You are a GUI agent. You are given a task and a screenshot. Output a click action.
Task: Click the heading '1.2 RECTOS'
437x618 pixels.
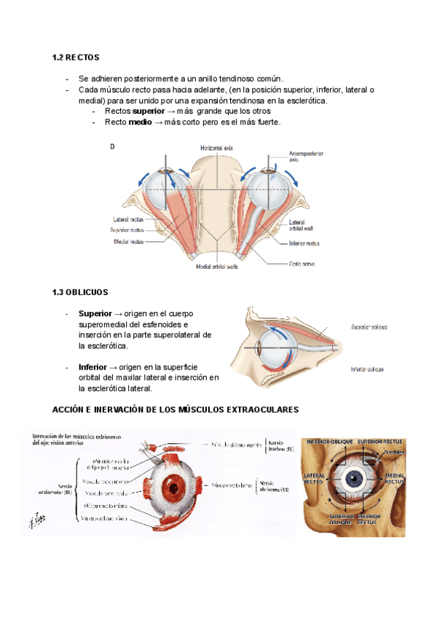tap(76, 57)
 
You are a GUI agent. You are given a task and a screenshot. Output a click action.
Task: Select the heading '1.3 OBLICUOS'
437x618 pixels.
tap(80, 292)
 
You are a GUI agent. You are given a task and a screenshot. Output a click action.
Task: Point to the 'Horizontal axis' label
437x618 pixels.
tap(217, 148)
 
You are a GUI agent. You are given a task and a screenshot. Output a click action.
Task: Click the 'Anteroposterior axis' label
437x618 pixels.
tap(306, 156)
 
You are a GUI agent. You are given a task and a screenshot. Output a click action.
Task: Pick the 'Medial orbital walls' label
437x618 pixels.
tap(218, 267)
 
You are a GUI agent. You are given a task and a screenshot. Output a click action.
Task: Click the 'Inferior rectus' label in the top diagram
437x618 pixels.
tap(304, 243)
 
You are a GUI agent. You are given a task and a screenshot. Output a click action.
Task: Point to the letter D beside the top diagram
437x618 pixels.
tap(112, 147)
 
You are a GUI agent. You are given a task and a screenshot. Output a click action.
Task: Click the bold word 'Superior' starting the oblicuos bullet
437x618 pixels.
tap(95, 313)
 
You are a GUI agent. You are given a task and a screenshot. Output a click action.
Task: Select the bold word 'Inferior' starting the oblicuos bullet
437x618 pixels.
tap(94, 366)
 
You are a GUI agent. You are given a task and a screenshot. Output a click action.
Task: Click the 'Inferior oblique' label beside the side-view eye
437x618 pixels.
tap(367, 369)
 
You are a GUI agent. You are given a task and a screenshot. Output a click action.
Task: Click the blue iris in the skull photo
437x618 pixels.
tap(355, 480)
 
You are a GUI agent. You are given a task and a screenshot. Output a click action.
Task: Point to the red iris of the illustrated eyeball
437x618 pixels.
tap(174, 484)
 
